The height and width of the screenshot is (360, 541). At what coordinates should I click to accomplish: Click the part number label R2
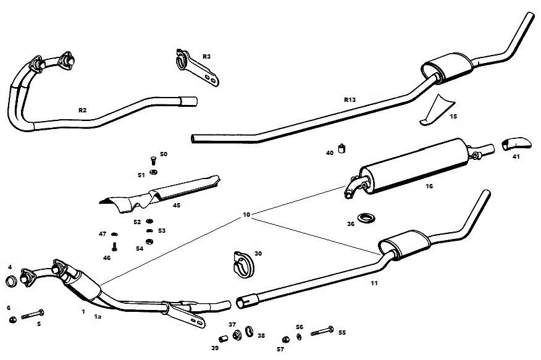click(x=82, y=110)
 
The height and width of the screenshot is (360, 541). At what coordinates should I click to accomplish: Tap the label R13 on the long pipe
click(x=350, y=99)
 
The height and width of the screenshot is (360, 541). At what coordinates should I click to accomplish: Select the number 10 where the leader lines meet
click(x=246, y=215)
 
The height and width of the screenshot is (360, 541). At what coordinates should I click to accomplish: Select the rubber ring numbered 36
click(x=368, y=218)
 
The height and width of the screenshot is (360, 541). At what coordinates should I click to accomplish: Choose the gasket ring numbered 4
click(x=10, y=283)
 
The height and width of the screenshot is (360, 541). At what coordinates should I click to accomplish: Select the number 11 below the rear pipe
click(x=374, y=283)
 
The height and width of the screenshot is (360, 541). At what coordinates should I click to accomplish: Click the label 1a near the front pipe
click(x=97, y=317)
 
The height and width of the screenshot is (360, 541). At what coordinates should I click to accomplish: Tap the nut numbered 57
click(x=285, y=339)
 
